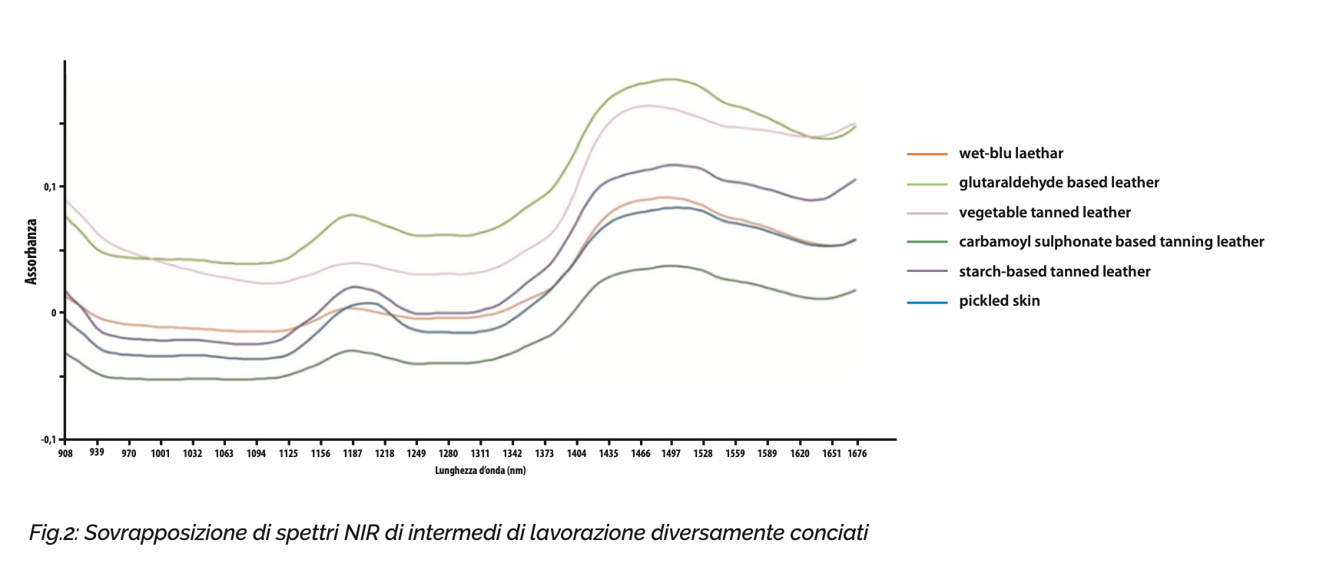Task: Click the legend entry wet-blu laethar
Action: tap(1010, 154)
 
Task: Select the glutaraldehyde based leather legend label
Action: tap(1059, 183)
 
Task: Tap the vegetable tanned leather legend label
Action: tap(1045, 213)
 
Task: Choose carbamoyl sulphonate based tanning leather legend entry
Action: tap(1111, 242)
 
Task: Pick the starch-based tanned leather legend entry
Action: tap(1054, 272)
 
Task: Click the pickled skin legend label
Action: tap(999, 301)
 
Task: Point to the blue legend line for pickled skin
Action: tap(927, 302)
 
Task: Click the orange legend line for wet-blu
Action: tap(927, 154)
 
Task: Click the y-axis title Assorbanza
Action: tap(31, 252)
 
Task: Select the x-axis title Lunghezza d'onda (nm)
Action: tap(480, 470)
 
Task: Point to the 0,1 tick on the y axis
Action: tap(50, 187)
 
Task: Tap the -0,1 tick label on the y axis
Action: tap(48, 439)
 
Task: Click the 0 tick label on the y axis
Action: tap(54, 313)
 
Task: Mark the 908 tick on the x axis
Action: tap(65, 453)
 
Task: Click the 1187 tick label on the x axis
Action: tap(353, 453)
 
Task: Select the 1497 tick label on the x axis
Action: tap(671, 453)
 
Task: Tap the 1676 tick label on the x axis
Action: tap(857, 453)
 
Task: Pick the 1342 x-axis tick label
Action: tap(512, 453)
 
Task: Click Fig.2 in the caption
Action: tap(54, 532)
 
